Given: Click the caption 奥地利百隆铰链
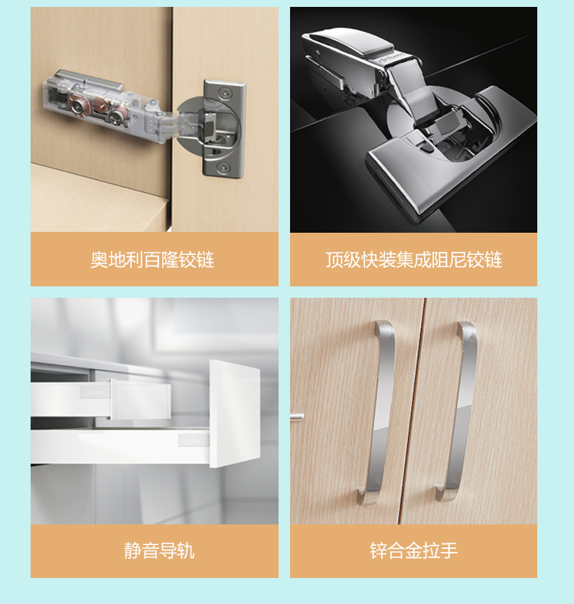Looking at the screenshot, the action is pyautogui.click(x=152, y=260).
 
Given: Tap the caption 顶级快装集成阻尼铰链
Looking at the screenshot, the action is pyautogui.click(x=414, y=260).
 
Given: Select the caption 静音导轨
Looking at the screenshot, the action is pyautogui.click(x=159, y=550).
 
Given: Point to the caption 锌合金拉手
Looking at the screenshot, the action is pyautogui.click(x=414, y=550).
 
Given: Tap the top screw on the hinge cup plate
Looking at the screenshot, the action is pyautogui.click(x=224, y=93).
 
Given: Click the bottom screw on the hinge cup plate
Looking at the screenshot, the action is pyautogui.click(x=223, y=167).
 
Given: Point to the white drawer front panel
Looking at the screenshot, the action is pyautogui.click(x=235, y=413).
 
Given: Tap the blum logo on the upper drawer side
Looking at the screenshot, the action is pyautogui.click(x=95, y=393).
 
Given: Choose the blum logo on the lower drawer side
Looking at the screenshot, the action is pyautogui.click(x=194, y=440).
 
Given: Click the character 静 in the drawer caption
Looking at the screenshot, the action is pyautogui.click(x=132, y=550).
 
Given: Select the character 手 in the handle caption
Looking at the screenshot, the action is pyautogui.click(x=449, y=550).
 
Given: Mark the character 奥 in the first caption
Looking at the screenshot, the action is pyautogui.click(x=99, y=260).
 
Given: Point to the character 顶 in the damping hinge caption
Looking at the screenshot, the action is pyautogui.click(x=334, y=260).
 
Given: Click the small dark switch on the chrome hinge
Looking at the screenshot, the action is pyautogui.click(x=426, y=147).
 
